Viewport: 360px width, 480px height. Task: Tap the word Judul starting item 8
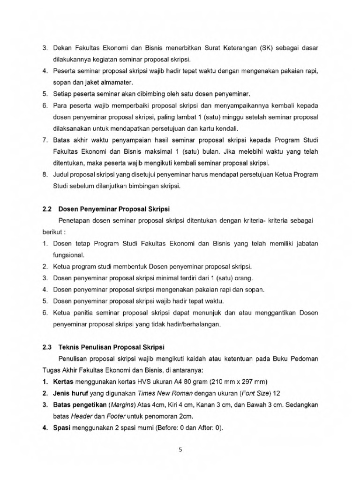pos(61,175)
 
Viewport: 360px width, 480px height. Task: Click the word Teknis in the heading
pos(69,347)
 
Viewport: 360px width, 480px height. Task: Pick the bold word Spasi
pos(62,427)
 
